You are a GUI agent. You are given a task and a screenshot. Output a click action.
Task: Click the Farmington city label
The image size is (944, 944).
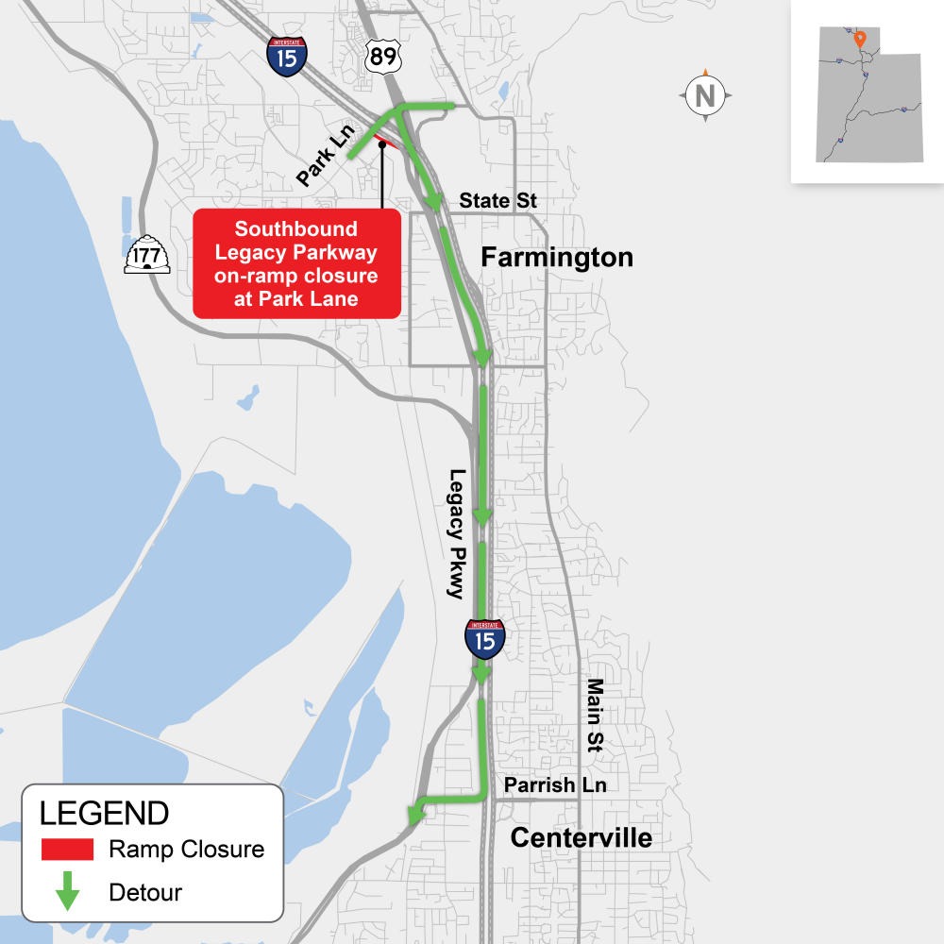(557, 257)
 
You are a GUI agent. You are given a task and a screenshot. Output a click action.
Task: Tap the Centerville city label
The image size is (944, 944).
(582, 837)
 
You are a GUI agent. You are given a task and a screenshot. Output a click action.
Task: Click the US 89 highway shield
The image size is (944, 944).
(383, 59)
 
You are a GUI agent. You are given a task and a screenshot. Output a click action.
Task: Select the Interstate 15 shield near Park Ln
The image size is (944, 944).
(285, 57)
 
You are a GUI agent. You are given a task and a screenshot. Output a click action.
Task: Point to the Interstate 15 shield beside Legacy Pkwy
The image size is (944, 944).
(484, 639)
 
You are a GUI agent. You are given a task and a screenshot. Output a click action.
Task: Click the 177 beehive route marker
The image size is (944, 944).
(148, 254)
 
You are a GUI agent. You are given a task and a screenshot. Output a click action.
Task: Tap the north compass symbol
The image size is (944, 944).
(704, 95)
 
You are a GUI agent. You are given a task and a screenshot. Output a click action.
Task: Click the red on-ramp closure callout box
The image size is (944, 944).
(296, 264)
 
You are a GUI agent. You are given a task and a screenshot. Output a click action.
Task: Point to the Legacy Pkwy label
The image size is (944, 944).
(458, 533)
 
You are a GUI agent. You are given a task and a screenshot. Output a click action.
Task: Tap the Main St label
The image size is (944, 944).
(595, 714)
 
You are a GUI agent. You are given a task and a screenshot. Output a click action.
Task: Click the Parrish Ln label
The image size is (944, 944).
(555, 784)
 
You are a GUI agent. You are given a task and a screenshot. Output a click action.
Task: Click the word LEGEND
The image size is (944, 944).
(104, 813)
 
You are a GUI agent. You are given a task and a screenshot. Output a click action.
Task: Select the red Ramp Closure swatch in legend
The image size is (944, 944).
(67, 849)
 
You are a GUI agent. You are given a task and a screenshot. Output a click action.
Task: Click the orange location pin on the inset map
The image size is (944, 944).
(859, 40)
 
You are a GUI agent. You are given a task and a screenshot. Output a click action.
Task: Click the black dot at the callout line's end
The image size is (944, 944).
(382, 145)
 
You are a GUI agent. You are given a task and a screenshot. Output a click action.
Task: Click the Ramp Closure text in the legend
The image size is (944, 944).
(186, 849)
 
